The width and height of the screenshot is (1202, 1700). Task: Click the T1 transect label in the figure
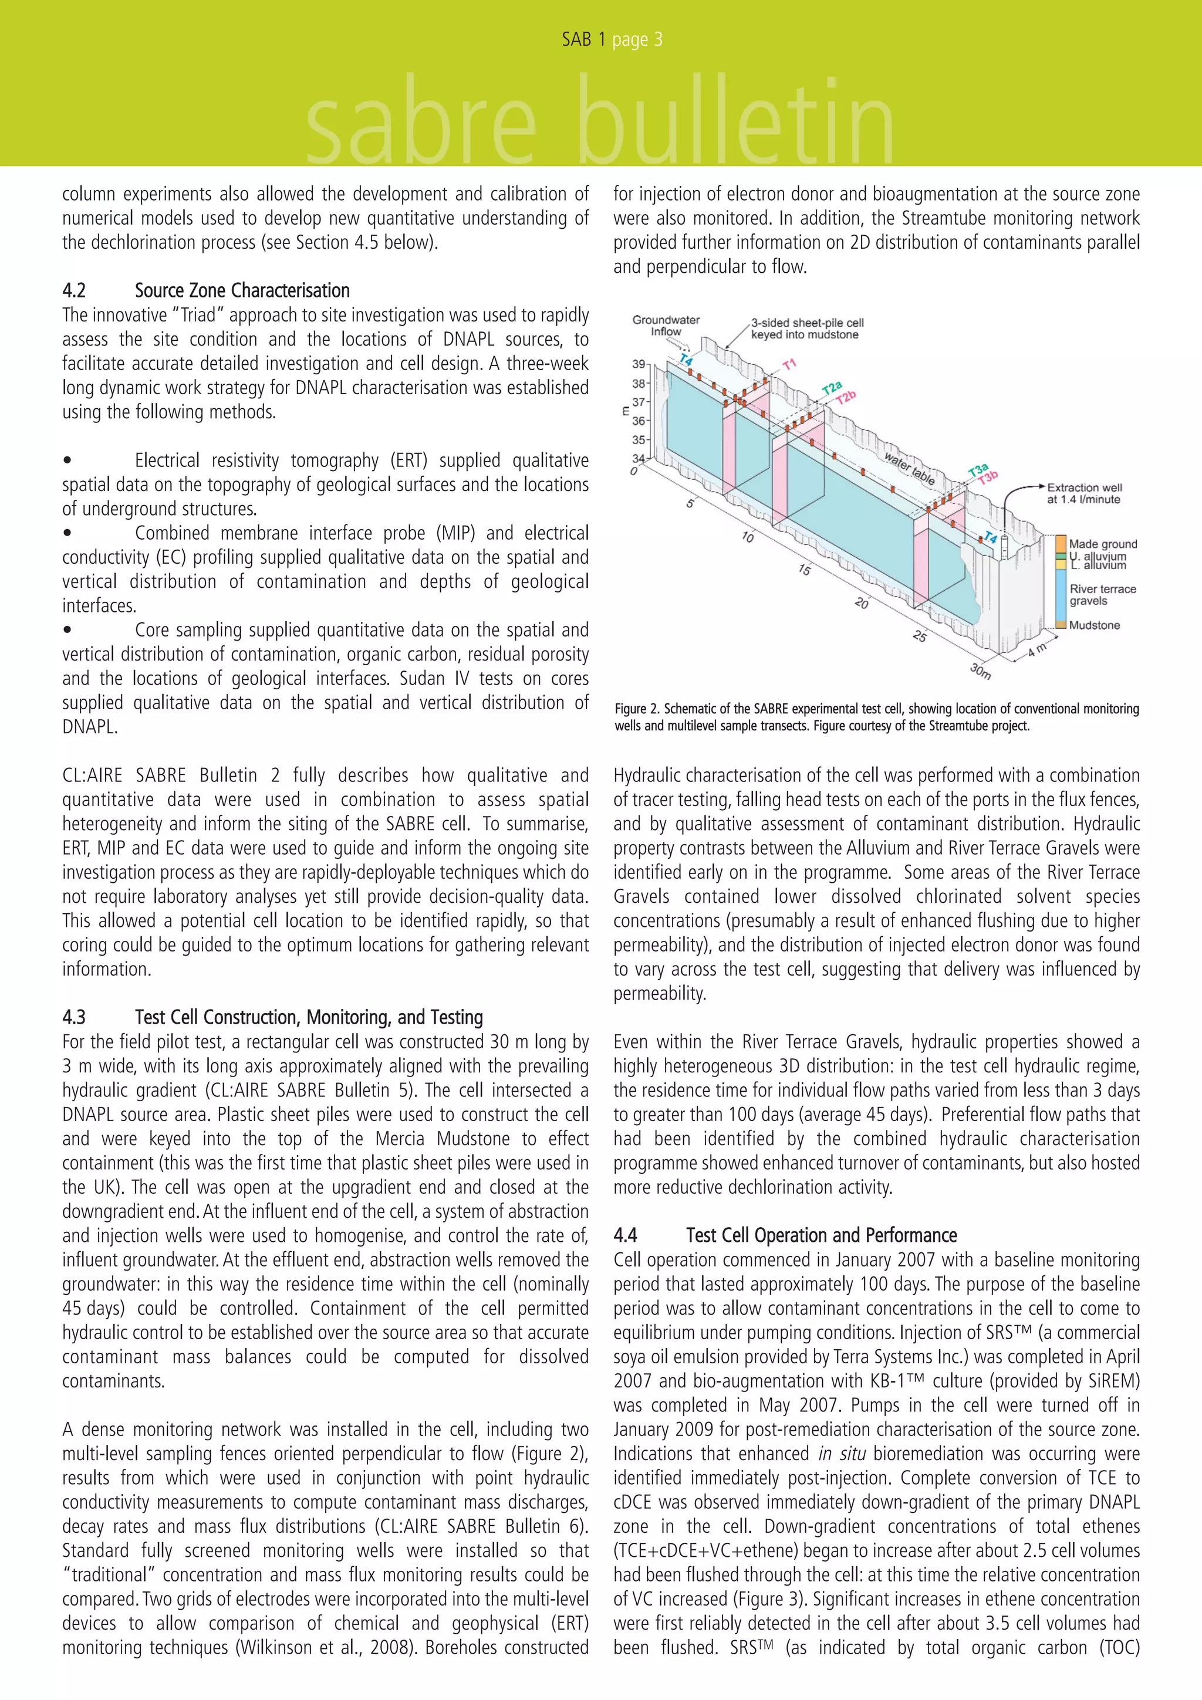click(x=789, y=364)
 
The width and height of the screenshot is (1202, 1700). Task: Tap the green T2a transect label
click(x=832, y=389)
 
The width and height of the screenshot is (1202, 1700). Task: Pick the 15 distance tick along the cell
click(x=804, y=570)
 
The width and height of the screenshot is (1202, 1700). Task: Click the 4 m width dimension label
click(x=1038, y=649)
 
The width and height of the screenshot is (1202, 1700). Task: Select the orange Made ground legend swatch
click(x=1061, y=543)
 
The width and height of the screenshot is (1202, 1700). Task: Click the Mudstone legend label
click(x=1094, y=625)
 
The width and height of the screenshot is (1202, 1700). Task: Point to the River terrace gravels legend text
click(x=1102, y=595)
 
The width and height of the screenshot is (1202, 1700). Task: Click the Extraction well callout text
click(x=1083, y=493)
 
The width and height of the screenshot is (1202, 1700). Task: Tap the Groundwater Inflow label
click(x=665, y=326)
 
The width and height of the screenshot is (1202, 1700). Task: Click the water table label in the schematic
click(x=908, y=468)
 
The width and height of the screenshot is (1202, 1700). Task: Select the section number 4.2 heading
click(x=74, y=290)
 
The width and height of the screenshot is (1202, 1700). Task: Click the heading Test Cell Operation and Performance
click(x=821, y=1235)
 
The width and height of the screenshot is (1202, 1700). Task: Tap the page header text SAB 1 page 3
click(x=612, y=39)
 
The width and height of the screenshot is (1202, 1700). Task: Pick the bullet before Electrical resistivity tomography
click(x=67, y=460)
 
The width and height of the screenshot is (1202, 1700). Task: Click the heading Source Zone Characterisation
click(x=242, y=290)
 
